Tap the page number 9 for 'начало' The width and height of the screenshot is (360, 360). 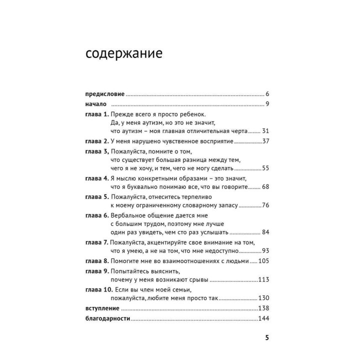(x=268, y=104)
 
